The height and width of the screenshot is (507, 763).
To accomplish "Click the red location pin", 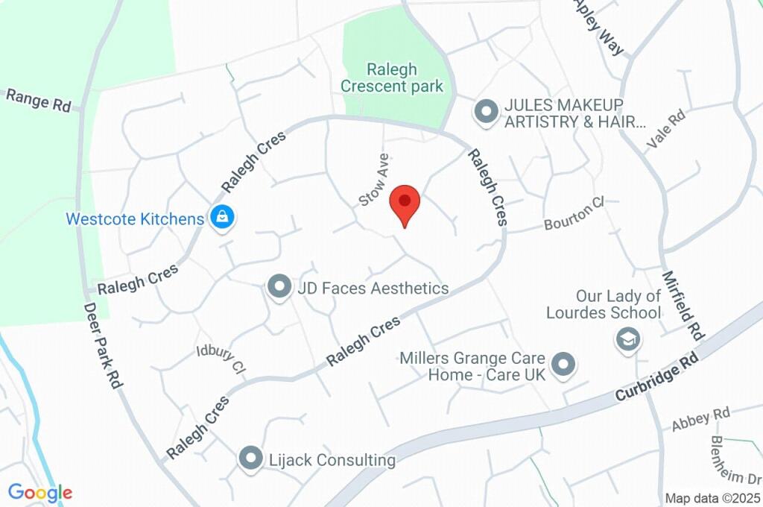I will click(405, 202).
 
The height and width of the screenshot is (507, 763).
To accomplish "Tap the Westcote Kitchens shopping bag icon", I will click(222, 218).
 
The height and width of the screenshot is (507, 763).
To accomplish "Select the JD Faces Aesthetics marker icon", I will click(279, 287).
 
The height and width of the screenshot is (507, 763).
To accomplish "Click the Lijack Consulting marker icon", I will click(250, 458).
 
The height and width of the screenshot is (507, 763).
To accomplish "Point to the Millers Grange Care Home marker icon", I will click(564, 365).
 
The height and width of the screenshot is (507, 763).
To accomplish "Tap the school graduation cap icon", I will click(628, 339).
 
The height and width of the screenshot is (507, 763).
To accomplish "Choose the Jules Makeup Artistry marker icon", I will click(486, 113).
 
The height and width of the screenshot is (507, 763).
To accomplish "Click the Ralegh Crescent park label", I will click(392, 78).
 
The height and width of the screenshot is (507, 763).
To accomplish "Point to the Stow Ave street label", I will click(374, 180).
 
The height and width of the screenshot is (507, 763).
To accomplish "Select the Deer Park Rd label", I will click(102, 344).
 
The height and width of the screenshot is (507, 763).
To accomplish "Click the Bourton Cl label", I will click(573, 214).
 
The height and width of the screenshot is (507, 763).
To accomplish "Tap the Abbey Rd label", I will click(700, 418).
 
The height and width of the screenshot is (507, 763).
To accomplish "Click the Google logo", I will click(40, 492).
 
